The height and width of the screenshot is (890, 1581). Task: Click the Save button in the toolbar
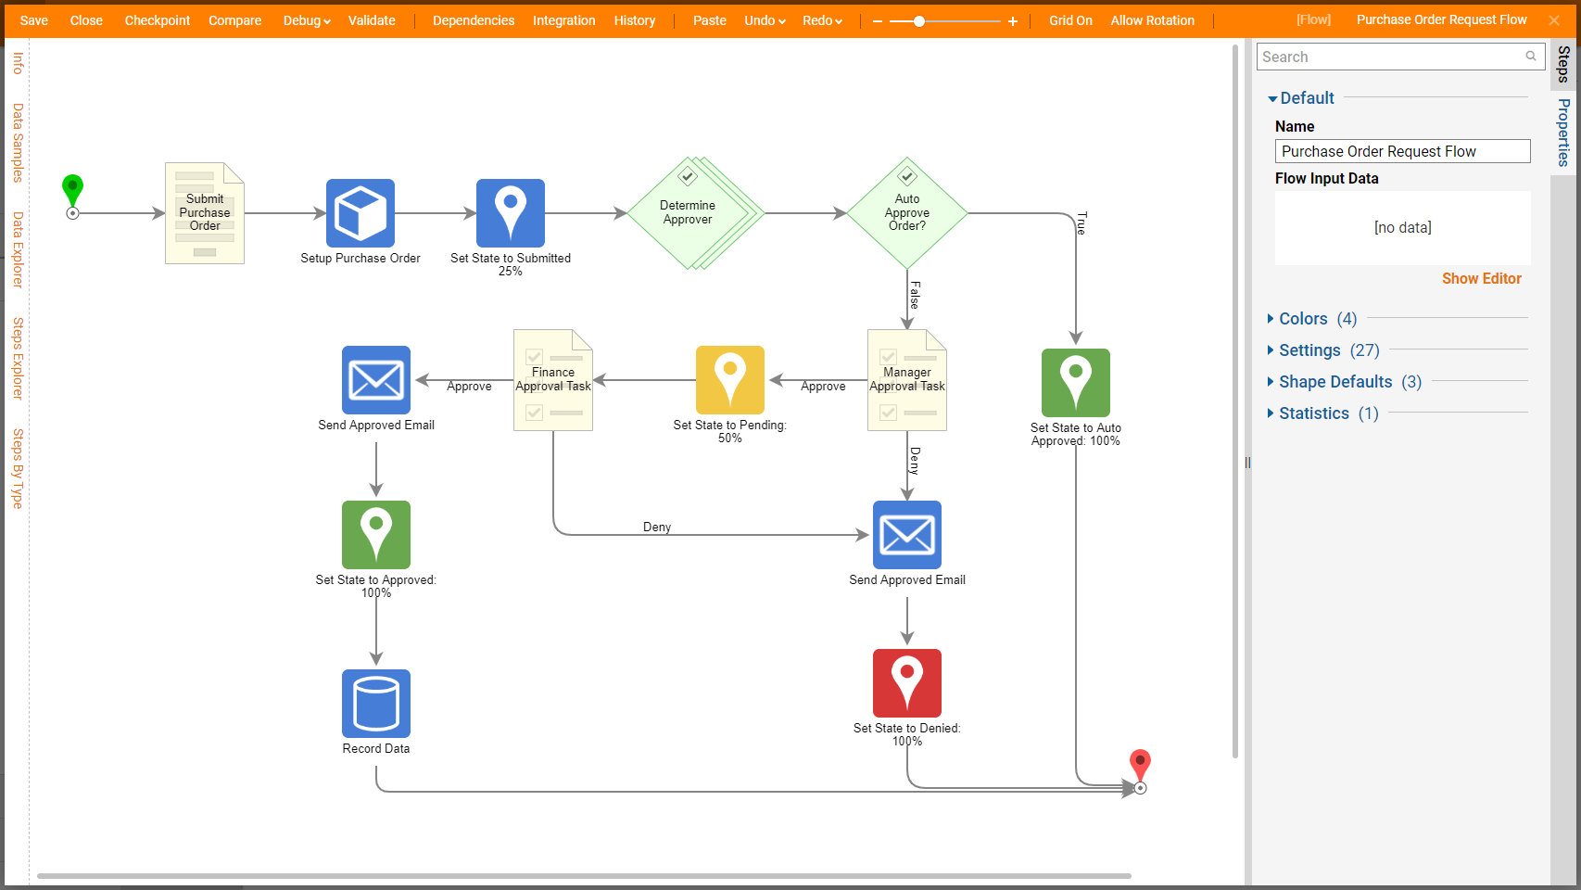34,20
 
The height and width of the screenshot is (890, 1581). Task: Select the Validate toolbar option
372,20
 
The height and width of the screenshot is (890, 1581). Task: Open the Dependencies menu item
474,20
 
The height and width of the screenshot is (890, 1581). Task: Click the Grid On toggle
1070,20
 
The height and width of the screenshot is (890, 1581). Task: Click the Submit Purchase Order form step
205,213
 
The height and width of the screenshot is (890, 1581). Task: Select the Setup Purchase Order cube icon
360,213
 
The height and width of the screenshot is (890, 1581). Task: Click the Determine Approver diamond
688,213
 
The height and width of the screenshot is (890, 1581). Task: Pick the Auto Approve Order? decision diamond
907,213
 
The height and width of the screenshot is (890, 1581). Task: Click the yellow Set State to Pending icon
730,380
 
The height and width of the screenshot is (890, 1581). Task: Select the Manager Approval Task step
907,380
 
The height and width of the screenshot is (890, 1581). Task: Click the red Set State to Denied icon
907,683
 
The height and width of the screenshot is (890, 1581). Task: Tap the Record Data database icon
376,704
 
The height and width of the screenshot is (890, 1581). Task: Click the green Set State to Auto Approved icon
1076,383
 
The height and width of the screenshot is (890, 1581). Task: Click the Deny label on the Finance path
657,527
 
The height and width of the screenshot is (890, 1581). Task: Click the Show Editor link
1481,278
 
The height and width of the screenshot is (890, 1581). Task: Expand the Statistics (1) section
1314,413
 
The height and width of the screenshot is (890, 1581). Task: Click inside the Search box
1390,57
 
